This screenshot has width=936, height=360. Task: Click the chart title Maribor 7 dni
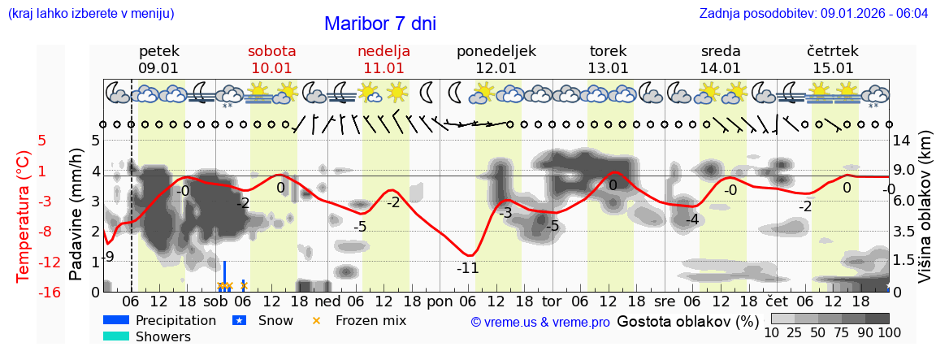379,24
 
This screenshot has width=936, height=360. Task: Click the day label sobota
271,51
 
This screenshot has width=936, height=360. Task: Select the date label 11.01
383,68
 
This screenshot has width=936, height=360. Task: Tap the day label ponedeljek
496,51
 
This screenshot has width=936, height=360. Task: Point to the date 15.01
833,68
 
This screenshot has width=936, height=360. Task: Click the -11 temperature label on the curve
467,268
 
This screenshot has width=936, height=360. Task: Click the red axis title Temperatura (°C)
24,216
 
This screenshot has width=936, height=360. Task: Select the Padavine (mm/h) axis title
76,215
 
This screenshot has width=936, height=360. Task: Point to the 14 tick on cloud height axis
903,140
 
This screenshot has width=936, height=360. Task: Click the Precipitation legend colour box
117,320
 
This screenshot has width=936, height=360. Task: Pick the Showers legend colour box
117,336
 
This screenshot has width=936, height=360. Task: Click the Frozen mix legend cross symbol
317,320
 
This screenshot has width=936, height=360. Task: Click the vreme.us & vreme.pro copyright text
539,323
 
